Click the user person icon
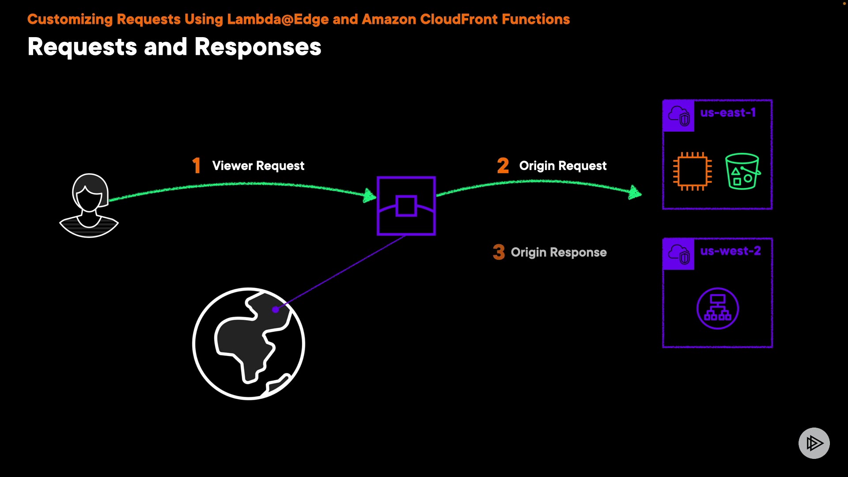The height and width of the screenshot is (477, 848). (x=89, y=205)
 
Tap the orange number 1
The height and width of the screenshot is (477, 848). (x=197, y=166)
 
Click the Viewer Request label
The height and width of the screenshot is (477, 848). (x=258, y=166)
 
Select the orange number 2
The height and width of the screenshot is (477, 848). (x=503, y=166)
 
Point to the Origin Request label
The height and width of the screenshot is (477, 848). (x=563, y=166)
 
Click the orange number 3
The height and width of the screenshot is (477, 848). (x=499, y=252)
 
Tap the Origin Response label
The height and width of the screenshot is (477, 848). (x=559, y=252)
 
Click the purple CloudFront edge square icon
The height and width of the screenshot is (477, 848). (x=406, y=206)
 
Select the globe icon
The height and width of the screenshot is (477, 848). (x=249, y=344)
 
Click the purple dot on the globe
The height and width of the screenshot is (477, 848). (x=276, y=310)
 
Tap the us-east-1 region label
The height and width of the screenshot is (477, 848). (x=728, y=113)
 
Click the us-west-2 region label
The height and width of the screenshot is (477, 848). (x=731, y=251)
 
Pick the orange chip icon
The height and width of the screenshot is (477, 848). (x=692, y=171)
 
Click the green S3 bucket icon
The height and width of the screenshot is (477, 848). (x=742, y=171)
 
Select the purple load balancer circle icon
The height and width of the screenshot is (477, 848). (x=718, y=308)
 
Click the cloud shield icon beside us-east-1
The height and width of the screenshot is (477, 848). (x=679, y=116)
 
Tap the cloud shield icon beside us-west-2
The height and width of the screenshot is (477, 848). (x=679, y=254)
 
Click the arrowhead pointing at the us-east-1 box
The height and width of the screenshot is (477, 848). (x=635, y=192)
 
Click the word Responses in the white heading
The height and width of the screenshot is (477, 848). (x=258, y=47)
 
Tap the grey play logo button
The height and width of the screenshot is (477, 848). (x=814, y=443)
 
